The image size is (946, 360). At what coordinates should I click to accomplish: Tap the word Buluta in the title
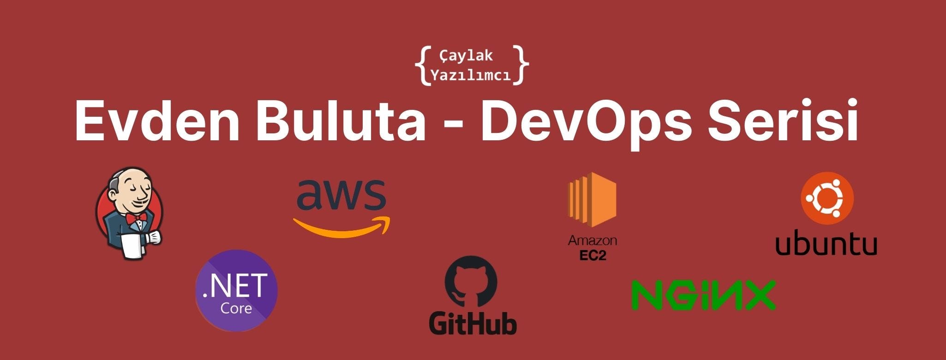pyautogui.click(x=341, y=121)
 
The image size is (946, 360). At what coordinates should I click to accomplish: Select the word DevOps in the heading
pyautogui.click(x=586, y=121)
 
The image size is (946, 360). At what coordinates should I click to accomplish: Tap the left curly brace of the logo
pyautogui.click(x=422, y=65)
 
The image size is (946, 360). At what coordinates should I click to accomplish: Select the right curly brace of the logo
pyautogui.click(x=522, y=65)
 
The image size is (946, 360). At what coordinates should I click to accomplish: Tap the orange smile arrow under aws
pyautogui.click(x=341, y=228)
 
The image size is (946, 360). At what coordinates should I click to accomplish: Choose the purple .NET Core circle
pyautogui.click(x=237, y=291)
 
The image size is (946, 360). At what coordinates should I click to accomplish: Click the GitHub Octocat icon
pyautogui.click(x=471, y=282)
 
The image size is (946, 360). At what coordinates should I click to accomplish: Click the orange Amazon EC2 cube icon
pyautogui.click(x=593, y=199)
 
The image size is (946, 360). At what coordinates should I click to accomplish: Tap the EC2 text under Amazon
pyautogui.click(x=593, y=255)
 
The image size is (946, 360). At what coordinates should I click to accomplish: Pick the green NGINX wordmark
pyautogui.click(x=703, y=294)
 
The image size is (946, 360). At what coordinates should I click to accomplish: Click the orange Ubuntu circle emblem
pyautogui.click(x=827, y=198)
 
